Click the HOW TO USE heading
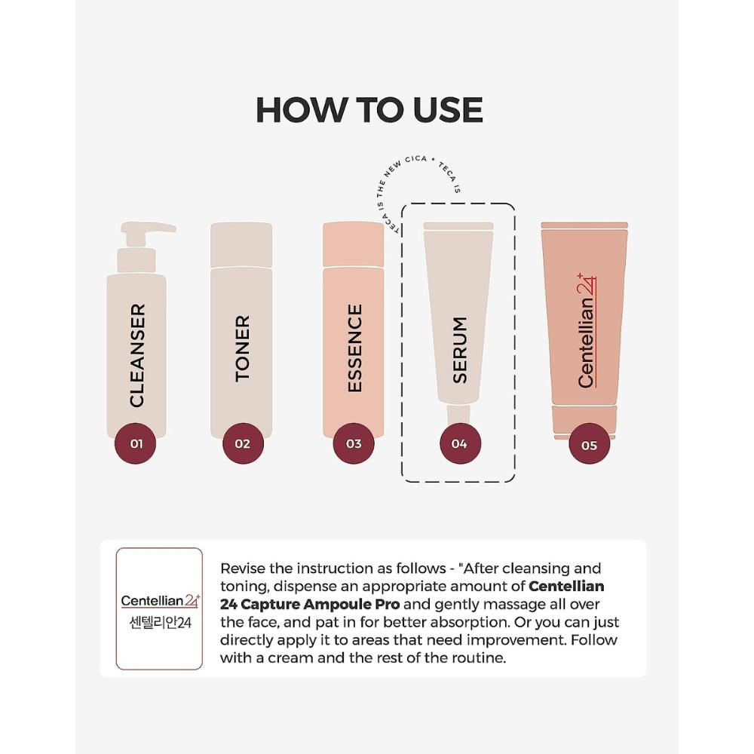click(369, 110)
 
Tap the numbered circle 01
click(136, 443)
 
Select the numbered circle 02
click(242, 443)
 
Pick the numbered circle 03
click(354, 443)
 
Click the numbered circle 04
click(459, 443)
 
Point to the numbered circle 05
click(589, 445)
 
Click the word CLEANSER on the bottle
click(136, 355)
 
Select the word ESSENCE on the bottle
click(354, 348)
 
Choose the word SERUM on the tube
click(459, 350)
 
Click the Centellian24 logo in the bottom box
click(160, 601)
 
